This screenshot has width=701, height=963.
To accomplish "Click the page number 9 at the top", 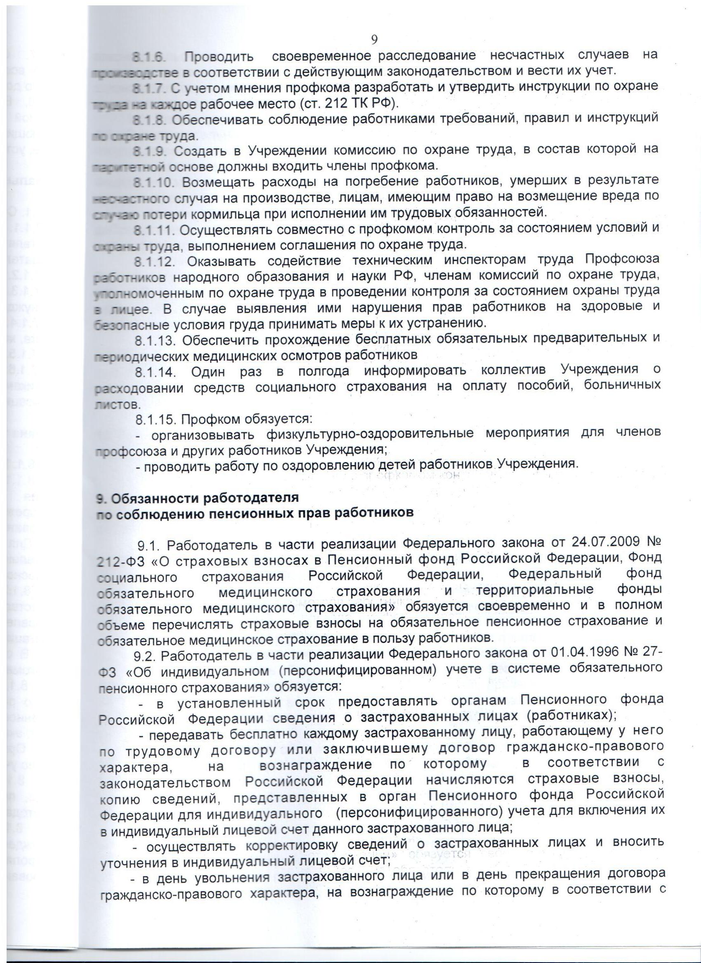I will click(374, 40).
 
